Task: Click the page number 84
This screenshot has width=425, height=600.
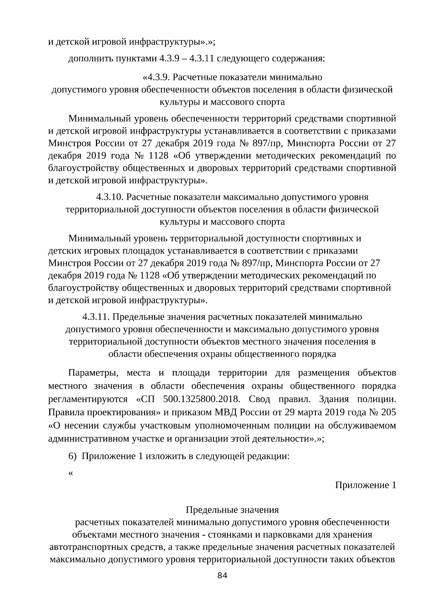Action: tap(222, 575)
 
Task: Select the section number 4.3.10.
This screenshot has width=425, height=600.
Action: tap(110, 197)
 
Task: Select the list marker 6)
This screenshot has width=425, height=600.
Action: tap(73, 456)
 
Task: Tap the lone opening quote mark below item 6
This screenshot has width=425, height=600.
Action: tap(70, 473)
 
